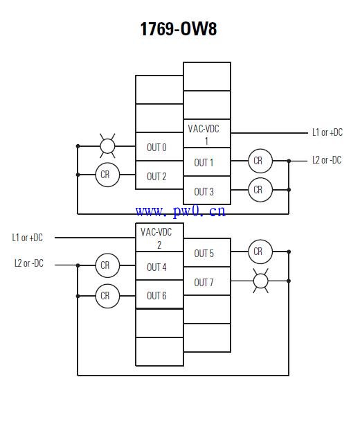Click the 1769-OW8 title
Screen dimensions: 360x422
click(x=178, y=29)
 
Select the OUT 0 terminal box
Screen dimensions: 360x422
click(x=159, y=147)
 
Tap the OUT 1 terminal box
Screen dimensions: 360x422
click(x=207, y=162)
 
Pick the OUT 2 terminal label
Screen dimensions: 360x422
click(x=156, y=177)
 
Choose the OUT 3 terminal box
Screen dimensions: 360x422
click(x=207, y=191)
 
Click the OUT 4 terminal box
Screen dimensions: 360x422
click(x=159, y=266)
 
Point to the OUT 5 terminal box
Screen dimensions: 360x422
click(x=207, y=253)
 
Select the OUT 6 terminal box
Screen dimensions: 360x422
click(x=159, y=294)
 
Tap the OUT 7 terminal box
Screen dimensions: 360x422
click(x=207, y=281)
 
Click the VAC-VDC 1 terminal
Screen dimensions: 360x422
click(x=207, y=134)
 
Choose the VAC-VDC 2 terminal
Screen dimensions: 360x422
click(x=159, y=238)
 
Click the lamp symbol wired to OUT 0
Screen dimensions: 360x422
click(x=107, y=146)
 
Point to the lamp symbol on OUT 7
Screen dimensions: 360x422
click(x=260, y=281)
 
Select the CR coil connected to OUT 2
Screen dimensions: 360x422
click(x=107, y=175)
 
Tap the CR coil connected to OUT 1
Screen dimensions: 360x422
click(x=260, y=161)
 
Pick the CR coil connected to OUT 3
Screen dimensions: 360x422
click(x=260, y=190)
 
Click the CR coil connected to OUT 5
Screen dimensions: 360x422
click(x=260, y=252)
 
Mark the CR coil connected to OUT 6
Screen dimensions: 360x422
click(x=107, y=296)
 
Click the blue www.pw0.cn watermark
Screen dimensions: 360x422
click(x=181, y=211)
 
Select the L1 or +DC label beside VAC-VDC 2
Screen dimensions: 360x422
click(x=28, y=238)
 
